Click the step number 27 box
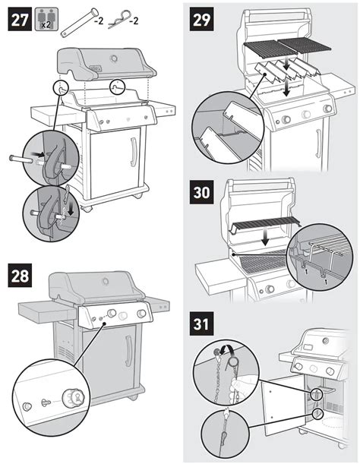coord(20,19)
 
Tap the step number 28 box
coord(20,276)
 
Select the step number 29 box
coord(201,19)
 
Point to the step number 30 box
coord(201,192)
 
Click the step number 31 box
coord(201,324)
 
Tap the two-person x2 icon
coord(46,19)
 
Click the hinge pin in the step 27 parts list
coord(79,23)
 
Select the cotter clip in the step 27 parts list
coord(119,20)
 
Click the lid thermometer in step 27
coord(114,58)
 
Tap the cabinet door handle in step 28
coord(129,352)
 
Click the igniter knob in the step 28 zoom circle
coord(73,397)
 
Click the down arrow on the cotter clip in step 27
coord(71,210)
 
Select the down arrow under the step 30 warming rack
coord(265,238)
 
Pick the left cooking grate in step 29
coord(270,49)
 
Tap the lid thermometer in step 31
coord(326,341)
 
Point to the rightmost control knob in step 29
coord(327,109)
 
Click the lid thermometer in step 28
coord(106,282)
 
